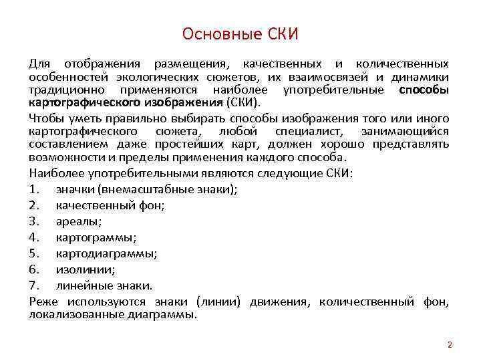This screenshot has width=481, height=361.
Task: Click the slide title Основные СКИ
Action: pos(240,33)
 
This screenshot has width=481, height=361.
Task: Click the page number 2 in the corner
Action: pos(450,345)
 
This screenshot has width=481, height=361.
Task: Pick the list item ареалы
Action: pos(79,221)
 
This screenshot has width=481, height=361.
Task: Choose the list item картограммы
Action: pos(96,237)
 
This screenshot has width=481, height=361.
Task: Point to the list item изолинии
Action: pos(86,269)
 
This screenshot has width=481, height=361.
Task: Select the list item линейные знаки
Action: pos(104,285)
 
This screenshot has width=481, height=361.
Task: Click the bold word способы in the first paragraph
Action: pos(424,90)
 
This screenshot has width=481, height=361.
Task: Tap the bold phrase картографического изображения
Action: pos(126,102)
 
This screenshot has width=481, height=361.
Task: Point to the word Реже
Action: pos(42,302)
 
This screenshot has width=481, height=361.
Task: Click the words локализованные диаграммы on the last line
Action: pos(112,314)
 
